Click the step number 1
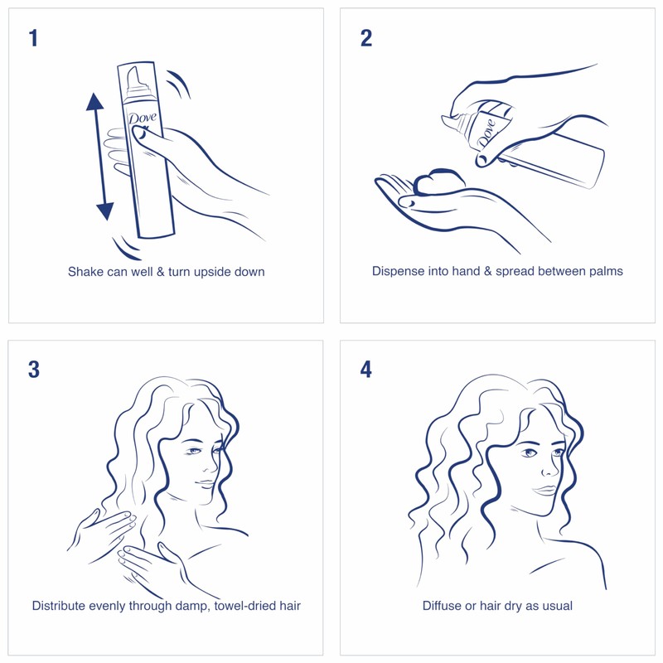pos(33,38)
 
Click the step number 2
pos(365,38)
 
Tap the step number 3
pos(33,369)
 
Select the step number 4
pos(365,369)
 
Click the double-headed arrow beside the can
pos(99,157)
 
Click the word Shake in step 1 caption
pos(85,272)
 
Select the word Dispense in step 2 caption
pos(399,271)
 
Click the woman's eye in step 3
pos(194,451)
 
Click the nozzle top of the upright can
pos(134,75)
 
